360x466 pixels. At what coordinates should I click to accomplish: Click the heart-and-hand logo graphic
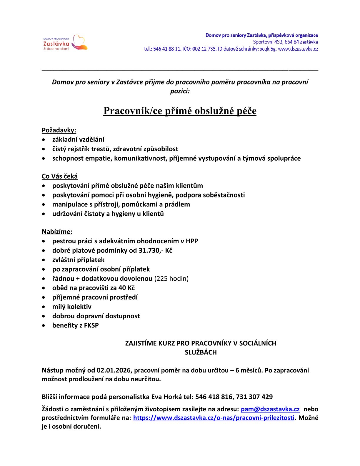(x=79, y=43)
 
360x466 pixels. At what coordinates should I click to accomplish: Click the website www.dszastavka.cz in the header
(x=298, y=49)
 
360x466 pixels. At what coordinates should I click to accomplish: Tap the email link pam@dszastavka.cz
(x=270, y=409)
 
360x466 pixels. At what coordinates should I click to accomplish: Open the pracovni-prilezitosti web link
(x=214, y=418)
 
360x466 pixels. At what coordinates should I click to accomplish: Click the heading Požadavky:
(x=59, y=130)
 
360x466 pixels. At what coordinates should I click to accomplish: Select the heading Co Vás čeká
(x=60, y=176)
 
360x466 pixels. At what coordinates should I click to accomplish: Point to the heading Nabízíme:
(x=57, y=232)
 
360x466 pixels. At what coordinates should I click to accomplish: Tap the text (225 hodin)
(x=171, y=278)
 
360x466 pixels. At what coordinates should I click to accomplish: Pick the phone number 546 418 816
(x=214, y=397)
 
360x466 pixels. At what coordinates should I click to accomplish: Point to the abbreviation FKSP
(x=91, y=325)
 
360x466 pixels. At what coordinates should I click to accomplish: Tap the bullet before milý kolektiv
(x=44, y=307)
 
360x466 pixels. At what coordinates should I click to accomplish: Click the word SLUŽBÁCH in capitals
(x=201, y=352)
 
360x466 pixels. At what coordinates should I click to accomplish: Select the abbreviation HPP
(x=192, y=241)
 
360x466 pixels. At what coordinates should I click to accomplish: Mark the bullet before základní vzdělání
(x=44, y=140)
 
